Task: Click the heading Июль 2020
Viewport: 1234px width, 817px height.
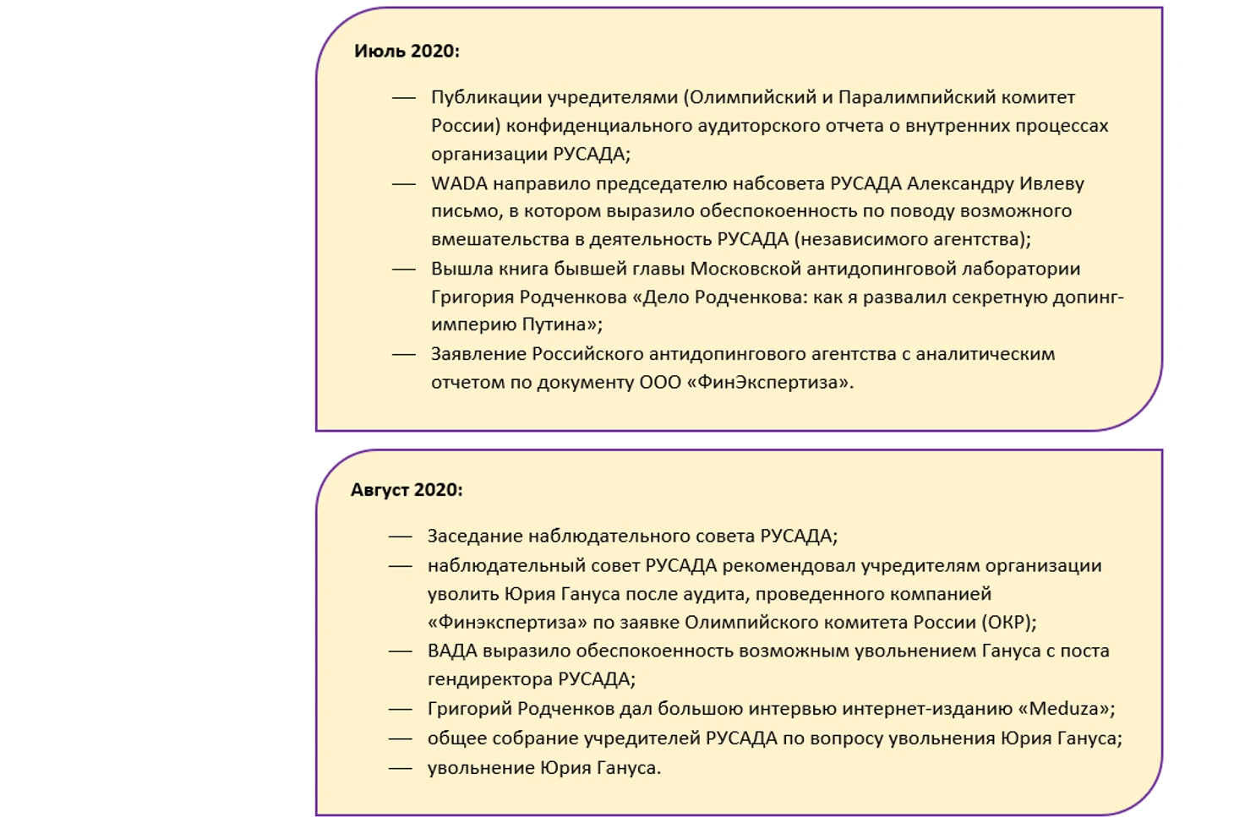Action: [407, 51]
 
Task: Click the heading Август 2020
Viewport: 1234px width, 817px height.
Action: [407, 490]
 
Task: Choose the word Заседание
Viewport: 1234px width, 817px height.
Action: [474, 536]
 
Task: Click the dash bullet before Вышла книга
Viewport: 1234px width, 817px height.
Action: [404, 270]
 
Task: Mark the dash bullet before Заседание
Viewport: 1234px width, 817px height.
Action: [400, 536]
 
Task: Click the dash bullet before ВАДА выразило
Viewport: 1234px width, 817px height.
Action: [400, 651]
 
